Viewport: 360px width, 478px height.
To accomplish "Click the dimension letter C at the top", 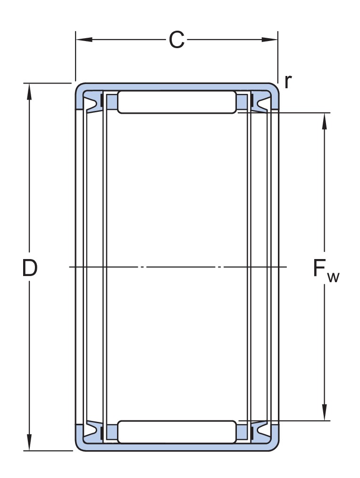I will (x=176, y=41).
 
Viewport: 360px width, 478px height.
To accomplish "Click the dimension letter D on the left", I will (x=30, y=268).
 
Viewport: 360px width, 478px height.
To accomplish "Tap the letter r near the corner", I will (x=288, y=82).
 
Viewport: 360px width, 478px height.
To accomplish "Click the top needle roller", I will (x=176, y=102).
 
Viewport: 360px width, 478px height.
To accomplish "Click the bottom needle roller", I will (x=176, y=432).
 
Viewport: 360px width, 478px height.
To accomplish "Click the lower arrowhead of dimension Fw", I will (x=325, y=414).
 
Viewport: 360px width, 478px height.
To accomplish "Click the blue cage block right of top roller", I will (x=242, y=101).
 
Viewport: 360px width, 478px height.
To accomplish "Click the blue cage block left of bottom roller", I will (x=112, y=432).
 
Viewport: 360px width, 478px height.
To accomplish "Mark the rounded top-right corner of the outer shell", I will (x=274, y=87).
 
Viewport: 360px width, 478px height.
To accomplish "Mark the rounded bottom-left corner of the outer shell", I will (x=80, y=446).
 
